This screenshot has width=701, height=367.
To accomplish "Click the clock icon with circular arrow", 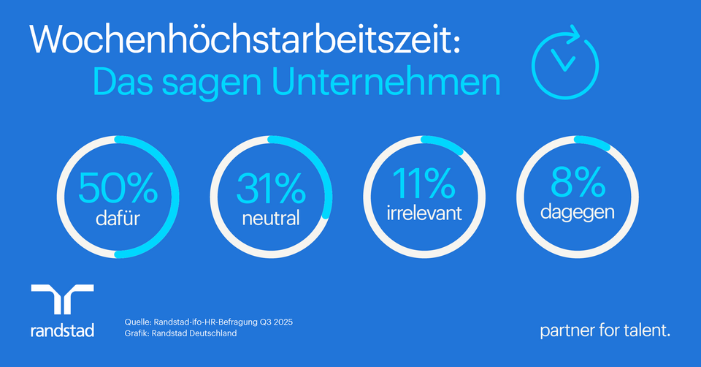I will [564, 61].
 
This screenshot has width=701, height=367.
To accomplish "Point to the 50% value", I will [118, 189].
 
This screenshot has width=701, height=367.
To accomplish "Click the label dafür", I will [118, 218].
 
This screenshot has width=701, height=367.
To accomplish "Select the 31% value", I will [271, 189].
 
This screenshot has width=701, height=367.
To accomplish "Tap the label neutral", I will [271, 218].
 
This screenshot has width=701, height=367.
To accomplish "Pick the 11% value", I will [424, 183].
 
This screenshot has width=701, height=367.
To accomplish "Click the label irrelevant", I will [424, 213].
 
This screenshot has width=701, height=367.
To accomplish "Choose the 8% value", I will [578, 183].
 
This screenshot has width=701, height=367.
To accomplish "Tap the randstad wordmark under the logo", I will [63, 330].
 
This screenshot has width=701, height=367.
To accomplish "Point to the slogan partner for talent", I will [605, 330].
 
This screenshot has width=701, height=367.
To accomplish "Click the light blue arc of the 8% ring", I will [593, 142].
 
